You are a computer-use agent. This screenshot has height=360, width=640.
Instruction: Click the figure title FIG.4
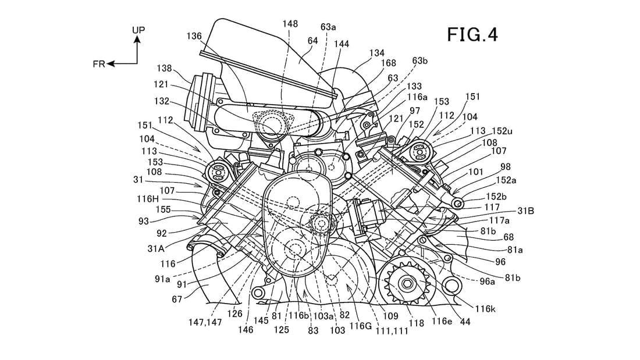472,34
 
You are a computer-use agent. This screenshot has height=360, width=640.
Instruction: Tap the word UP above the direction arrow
138,30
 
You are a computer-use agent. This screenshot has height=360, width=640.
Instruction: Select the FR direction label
99,64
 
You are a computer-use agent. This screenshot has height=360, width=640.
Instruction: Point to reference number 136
194,36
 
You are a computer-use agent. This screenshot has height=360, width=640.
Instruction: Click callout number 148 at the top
290,24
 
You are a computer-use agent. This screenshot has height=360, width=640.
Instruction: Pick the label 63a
328,27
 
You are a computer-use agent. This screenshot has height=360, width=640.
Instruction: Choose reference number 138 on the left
163,68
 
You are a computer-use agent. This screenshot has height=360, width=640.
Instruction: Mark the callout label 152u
502,131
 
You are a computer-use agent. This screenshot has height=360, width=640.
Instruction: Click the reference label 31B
526,211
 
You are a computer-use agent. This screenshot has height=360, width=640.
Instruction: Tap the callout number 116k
485,309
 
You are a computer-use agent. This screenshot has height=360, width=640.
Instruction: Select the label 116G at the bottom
361,326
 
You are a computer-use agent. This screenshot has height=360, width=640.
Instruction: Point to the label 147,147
205,322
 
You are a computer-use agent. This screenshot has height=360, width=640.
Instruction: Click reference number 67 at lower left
177,299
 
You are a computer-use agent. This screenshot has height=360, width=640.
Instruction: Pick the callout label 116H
147,199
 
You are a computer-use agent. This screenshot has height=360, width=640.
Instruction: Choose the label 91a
162,279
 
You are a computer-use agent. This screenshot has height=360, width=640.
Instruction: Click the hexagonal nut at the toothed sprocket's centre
407,283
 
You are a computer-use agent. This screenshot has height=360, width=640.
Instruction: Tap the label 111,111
392,331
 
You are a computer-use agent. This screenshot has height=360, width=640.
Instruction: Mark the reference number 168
388,63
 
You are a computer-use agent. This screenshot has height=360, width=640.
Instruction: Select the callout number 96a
487,281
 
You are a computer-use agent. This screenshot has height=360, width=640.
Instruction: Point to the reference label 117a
500,220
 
